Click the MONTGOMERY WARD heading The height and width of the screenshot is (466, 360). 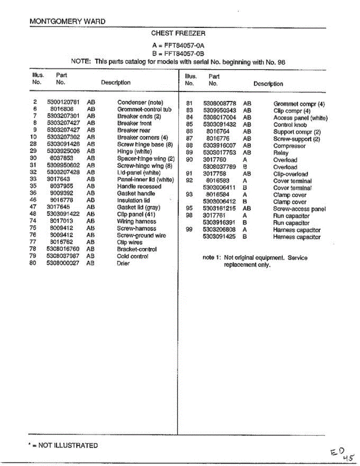[x=67, y=21]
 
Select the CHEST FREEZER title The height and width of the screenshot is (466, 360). [x=178, y=34]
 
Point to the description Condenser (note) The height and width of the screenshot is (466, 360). [x=140, y=103]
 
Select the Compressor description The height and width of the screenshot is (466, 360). [x=289, y=146]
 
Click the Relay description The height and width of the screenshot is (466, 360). [x=281, y=153]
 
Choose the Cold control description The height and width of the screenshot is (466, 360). [x=132, y=256]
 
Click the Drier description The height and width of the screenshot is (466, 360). [x=123, y=263]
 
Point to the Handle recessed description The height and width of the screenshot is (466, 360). [x=139, y=186]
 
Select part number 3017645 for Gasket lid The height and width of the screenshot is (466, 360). [x=58, y=207]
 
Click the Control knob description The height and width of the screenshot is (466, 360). [x=290, y=125]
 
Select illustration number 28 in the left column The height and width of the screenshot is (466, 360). [x=33, y=144]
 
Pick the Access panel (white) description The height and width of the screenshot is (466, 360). [x=300, y=118]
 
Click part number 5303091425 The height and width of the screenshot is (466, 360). [x=220, y=237]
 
